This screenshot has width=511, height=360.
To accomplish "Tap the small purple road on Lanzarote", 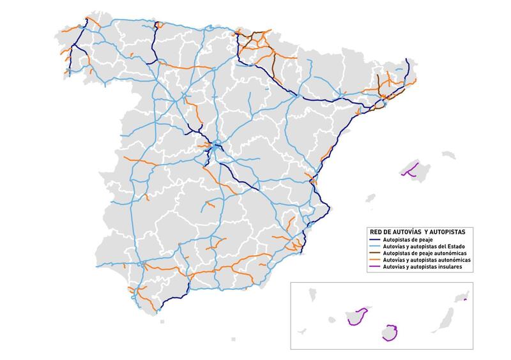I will click(x=465, y=299).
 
